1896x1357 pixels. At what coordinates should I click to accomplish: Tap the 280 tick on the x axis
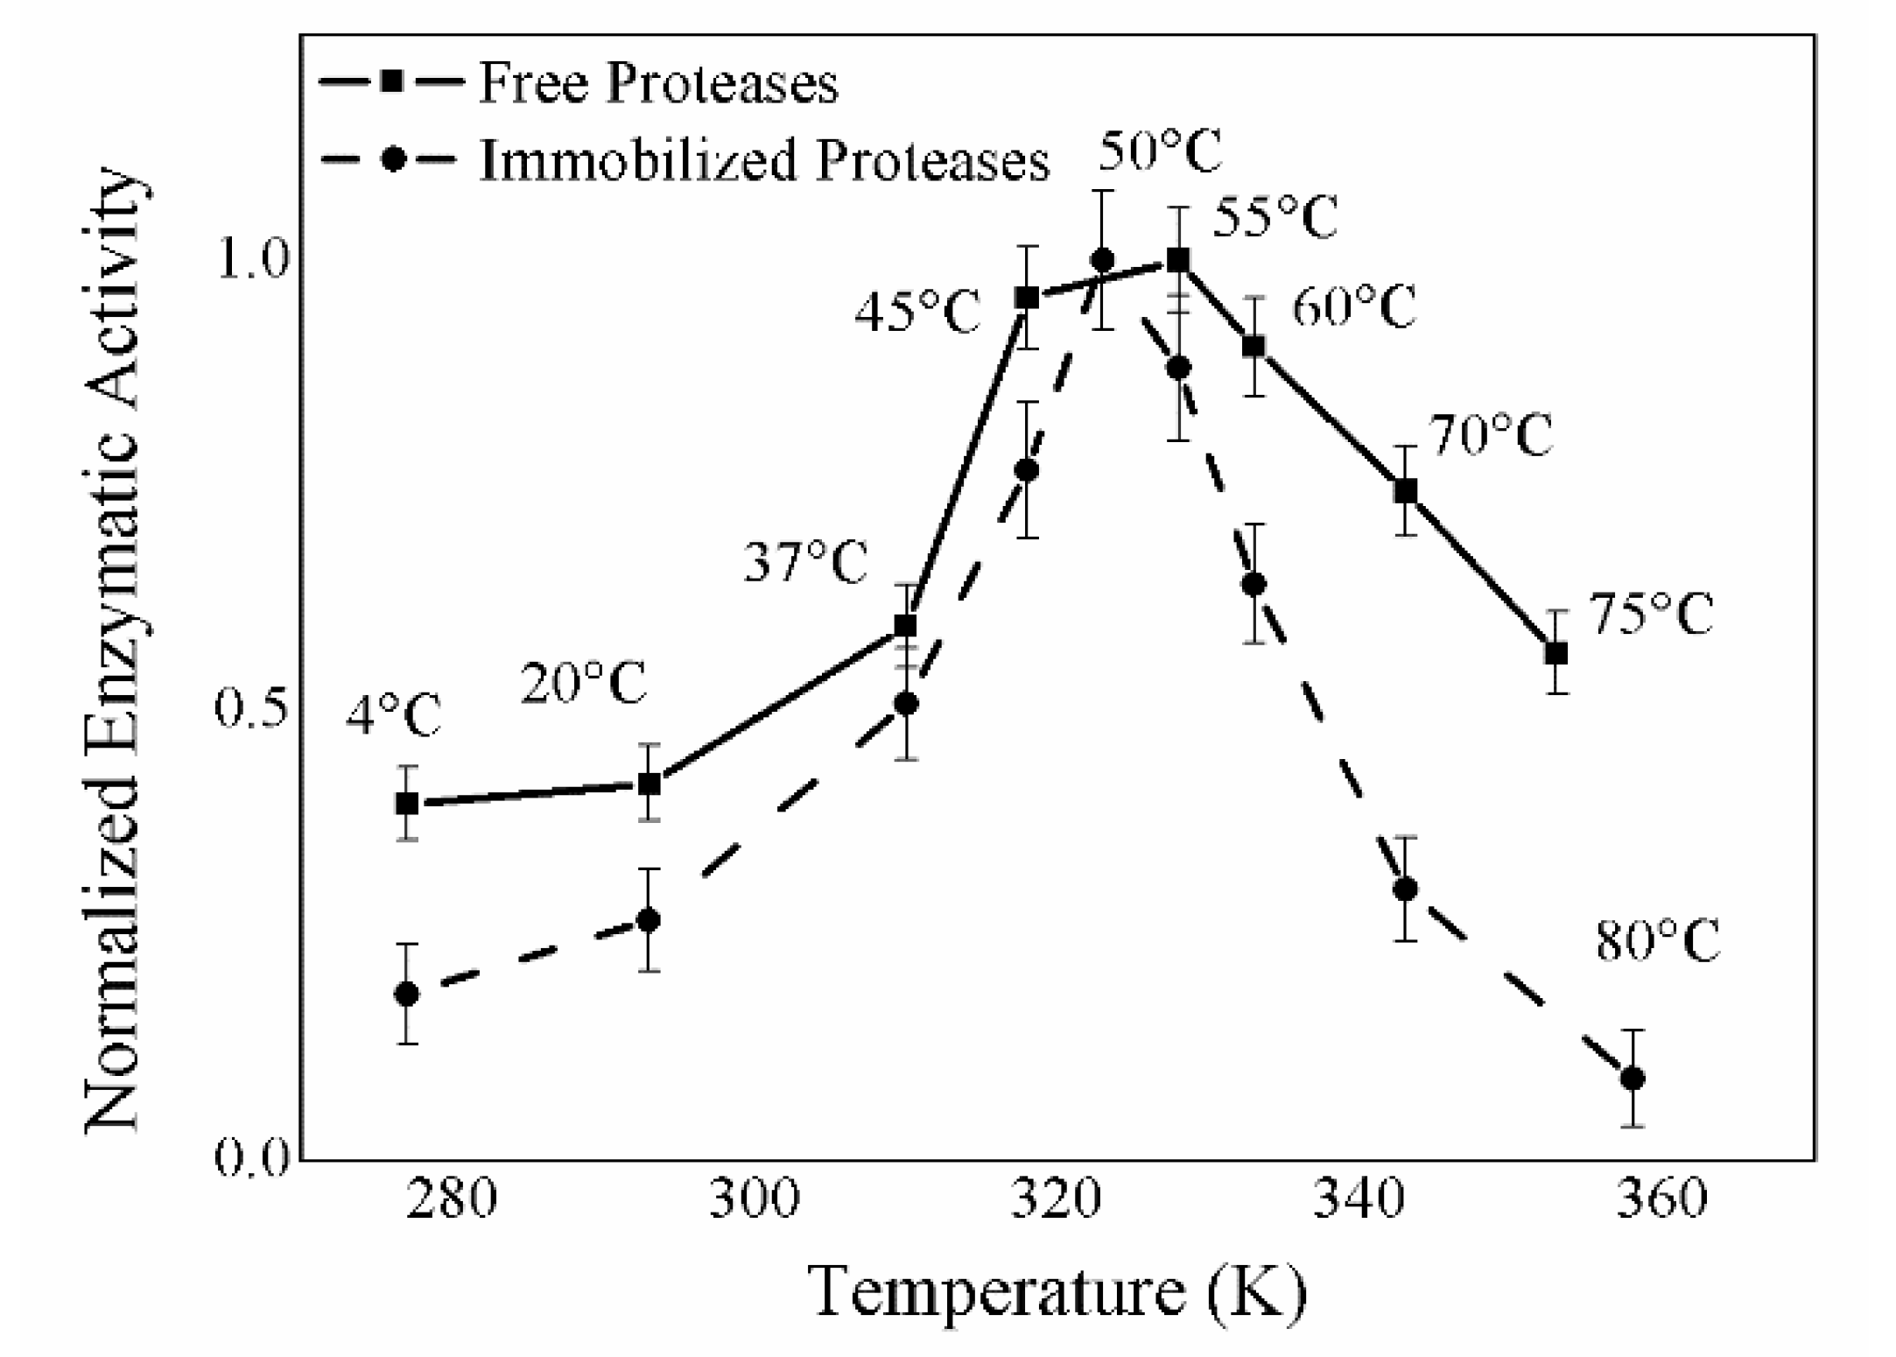pos(452,1199)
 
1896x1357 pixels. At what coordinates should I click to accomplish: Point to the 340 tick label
pos(1359,1199)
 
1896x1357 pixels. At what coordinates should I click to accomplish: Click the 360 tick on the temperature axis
pos(1661,1199)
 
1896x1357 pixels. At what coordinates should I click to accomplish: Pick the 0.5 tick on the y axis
pos(251,709)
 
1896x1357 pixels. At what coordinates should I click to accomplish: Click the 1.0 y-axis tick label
pos(253,261)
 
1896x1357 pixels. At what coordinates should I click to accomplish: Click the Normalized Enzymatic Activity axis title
pos(114,652)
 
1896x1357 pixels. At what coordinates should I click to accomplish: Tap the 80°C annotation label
pos(1657,942)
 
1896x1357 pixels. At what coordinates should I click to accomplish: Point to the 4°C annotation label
pos(393,717)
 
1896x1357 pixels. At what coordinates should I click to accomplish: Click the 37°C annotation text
pos(805,562)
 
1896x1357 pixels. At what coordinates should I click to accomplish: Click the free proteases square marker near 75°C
pos(1555,653)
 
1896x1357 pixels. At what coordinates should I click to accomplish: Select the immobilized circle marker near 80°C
pos(1632,1079)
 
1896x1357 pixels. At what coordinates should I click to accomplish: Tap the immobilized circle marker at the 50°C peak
pos(1102,260)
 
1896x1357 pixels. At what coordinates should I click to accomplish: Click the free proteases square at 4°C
pos(407,803)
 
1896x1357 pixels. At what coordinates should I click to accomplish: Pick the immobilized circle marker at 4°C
pos(407,995)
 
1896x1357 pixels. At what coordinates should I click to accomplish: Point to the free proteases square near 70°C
pos(1405,491)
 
